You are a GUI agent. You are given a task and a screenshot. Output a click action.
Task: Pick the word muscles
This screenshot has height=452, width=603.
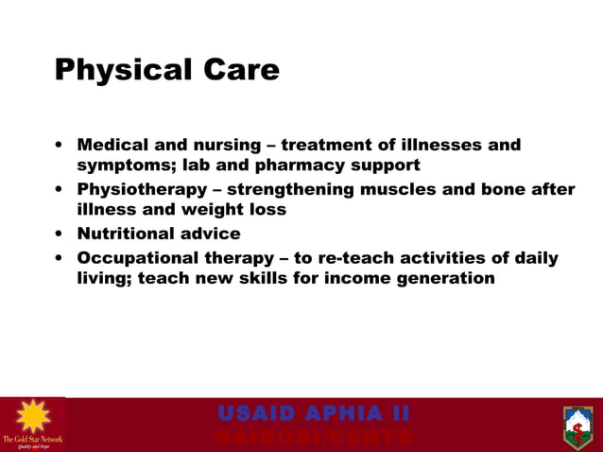pyautogui.click(x=394, y=189)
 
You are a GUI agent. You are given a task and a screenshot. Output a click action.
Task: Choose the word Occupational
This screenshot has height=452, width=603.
pyautogui.click(x=135, y=258)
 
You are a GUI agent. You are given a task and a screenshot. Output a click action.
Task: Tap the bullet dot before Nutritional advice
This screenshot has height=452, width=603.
pyautogui.click(x=60, y=234)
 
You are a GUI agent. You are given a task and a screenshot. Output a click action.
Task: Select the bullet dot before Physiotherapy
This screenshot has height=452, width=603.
pyautogui.click(x=60, y=189)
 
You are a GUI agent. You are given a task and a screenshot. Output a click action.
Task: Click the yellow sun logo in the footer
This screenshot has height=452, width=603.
pyautogui.click(x=32, y=417)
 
